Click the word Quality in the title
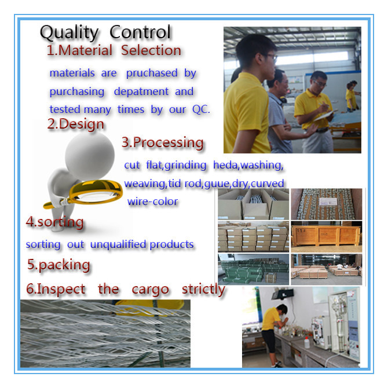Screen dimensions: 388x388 [69, 33]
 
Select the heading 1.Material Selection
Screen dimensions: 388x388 [114, 50]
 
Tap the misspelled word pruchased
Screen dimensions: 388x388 [152, 73]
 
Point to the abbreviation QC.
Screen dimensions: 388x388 [201, 109]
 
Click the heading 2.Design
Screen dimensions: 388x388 [75, 124]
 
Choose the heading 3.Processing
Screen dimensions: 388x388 [163, 143]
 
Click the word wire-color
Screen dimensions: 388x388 [152, 202]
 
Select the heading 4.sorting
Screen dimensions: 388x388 [54, 222]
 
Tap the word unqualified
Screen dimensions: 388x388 [118, 244]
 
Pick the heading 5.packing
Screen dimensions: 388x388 [58, 265]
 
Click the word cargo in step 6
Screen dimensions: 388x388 [150, 290]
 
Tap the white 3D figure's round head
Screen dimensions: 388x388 [90, 155]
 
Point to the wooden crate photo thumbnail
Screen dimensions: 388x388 [327, 237]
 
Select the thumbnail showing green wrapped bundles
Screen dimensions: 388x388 [254, 269]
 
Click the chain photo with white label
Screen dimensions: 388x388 [327, 204]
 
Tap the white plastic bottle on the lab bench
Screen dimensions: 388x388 [307, 343]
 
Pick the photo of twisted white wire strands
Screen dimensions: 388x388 [105, 334]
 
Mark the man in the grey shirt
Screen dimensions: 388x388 [279, 112]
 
